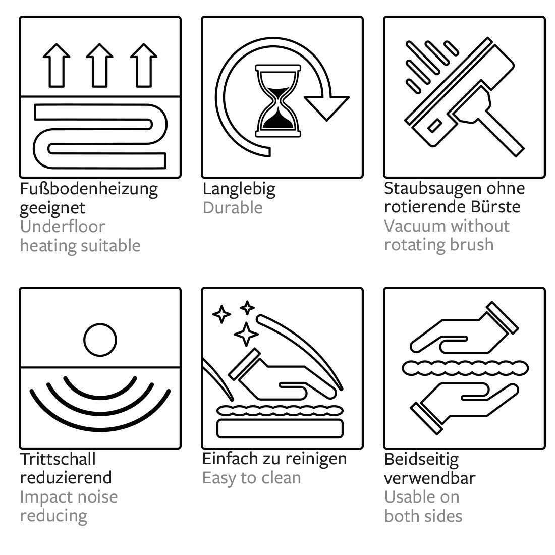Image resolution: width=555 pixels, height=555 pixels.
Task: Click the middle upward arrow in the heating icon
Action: coord(99,66)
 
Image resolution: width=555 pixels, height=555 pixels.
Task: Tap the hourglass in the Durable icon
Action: coord(278,100)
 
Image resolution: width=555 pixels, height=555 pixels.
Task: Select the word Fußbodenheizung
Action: coord(89,189)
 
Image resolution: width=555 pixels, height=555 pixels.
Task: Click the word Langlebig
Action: coord(239,189)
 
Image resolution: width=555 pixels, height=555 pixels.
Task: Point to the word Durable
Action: coord(233,208)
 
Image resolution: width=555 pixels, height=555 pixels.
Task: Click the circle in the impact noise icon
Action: coord(100,340)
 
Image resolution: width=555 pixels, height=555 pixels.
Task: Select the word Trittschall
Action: coord(58,459)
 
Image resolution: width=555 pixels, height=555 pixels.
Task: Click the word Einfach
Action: coord(230,459)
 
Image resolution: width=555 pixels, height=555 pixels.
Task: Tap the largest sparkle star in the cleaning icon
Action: coord(246,334)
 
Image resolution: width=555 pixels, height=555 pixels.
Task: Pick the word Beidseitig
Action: coord(422,460)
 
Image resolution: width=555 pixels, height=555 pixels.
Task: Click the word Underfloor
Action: coord(63,227)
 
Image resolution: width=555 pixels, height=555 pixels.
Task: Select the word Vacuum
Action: coord(411,226)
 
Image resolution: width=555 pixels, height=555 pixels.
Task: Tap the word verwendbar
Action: coord(430,478)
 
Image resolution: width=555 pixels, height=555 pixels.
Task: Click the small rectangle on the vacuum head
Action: coord(434,126)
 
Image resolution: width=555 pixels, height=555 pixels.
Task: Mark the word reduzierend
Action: coord(66,478)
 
